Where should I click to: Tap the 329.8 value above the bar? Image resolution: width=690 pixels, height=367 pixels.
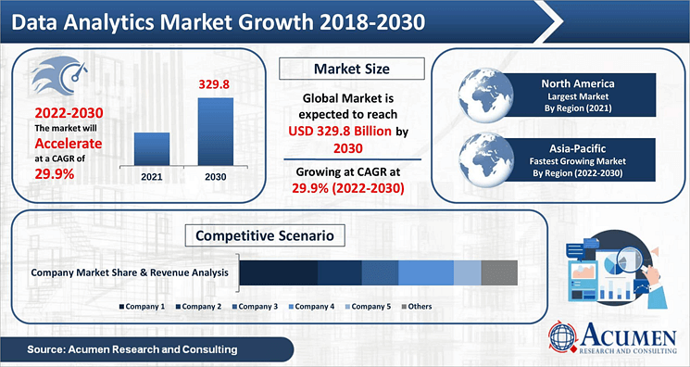click(215, 84)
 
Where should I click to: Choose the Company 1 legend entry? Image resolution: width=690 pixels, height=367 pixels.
click(144, 306)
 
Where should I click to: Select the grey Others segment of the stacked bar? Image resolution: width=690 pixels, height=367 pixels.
click(499, 272)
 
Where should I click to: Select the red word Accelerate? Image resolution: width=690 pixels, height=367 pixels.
click(68, 144)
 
